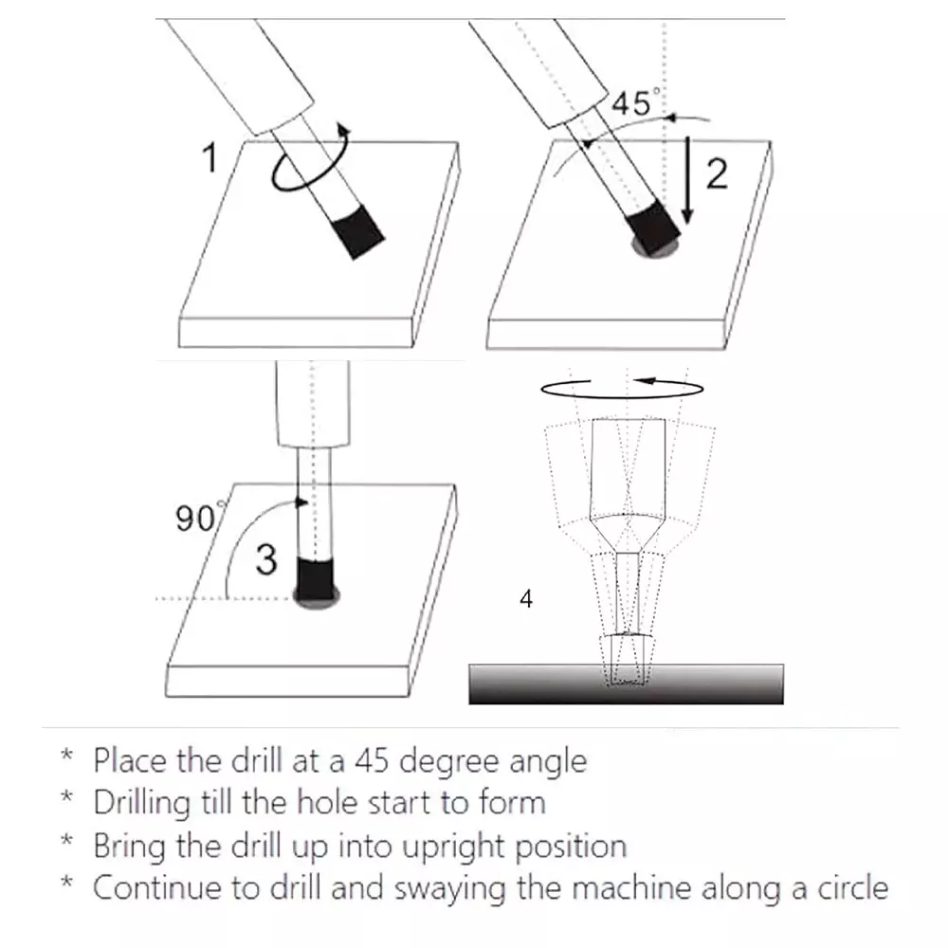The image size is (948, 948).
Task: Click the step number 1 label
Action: tap(210, 157)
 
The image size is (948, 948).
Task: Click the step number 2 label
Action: tap(717, 174)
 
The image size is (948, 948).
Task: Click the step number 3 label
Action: tap(266, 559)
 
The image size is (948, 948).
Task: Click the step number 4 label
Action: tap(526, 598)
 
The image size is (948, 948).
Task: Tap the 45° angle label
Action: tap(635, 102)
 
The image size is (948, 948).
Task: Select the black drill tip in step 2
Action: tap(654, 228)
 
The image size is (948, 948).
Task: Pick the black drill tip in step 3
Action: tap(315, 579)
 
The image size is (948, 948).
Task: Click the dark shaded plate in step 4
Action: tap(627, 684)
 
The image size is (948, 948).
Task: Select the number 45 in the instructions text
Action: tap(372, 760)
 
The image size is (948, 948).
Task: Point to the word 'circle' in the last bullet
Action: tap(853, 887)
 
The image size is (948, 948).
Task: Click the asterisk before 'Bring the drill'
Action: tap(67, 839)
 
